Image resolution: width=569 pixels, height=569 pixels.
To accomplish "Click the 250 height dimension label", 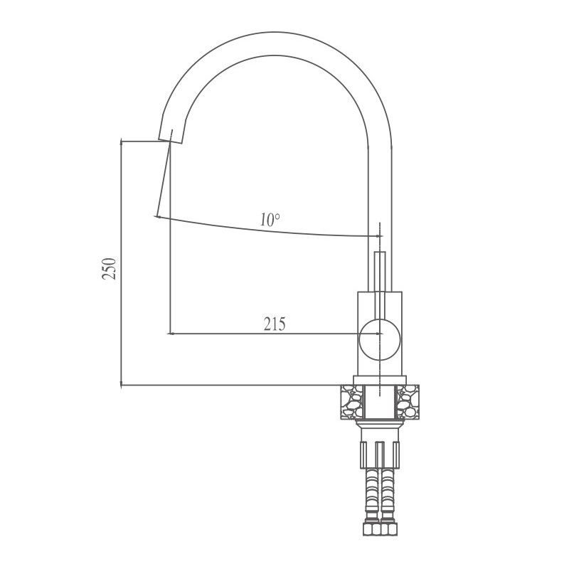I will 109,269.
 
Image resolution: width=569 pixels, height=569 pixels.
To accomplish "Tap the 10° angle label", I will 270,220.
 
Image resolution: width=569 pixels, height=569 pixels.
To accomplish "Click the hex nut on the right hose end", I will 389,531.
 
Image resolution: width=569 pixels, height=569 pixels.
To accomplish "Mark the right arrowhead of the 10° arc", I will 378,236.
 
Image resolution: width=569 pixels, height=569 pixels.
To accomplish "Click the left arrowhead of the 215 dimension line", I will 171,332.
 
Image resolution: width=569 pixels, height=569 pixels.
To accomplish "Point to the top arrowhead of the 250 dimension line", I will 123,142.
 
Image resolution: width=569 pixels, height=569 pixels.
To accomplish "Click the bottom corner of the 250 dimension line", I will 122,385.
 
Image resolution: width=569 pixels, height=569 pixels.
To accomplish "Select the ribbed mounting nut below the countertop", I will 380,452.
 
